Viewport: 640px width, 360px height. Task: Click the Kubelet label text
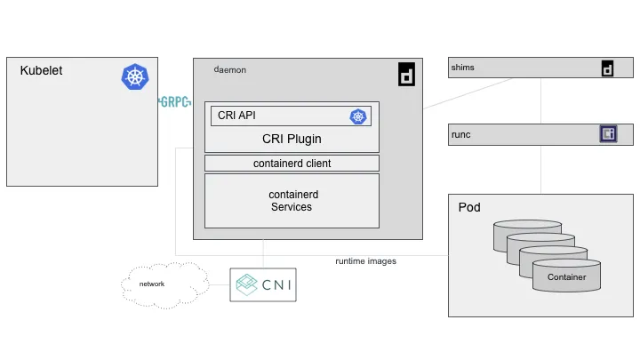coord(41,70)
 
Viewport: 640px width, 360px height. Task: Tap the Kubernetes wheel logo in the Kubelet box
coord(135,76)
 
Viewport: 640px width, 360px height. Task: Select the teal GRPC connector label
coord(175,101)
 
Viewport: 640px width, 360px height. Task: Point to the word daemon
coord(230,70)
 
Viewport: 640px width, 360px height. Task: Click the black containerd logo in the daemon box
coord(406,75)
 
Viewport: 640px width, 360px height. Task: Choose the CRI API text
coord(236,116)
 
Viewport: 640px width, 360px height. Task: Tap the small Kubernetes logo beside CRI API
coord(358,116)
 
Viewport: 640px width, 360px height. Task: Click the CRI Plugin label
coord(292,139)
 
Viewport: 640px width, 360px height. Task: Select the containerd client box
coord(292,164)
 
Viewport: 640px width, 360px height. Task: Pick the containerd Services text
coord(293,201)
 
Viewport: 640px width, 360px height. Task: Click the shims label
coord(462,68)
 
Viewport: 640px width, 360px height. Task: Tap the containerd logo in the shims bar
coord(607,68)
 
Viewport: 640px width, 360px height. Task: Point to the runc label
coord(460,135)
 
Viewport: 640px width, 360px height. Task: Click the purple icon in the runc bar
coord(608,134)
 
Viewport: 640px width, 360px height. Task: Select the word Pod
coord(469,207)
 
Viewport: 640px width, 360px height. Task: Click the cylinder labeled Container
coord(566,276)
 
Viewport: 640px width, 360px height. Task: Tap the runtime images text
coord(365,261)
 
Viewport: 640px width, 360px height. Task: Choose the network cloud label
coord(152,284)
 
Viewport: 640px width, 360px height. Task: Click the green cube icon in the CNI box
coord(246,284)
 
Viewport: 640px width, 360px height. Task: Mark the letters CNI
coord(276,285)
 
